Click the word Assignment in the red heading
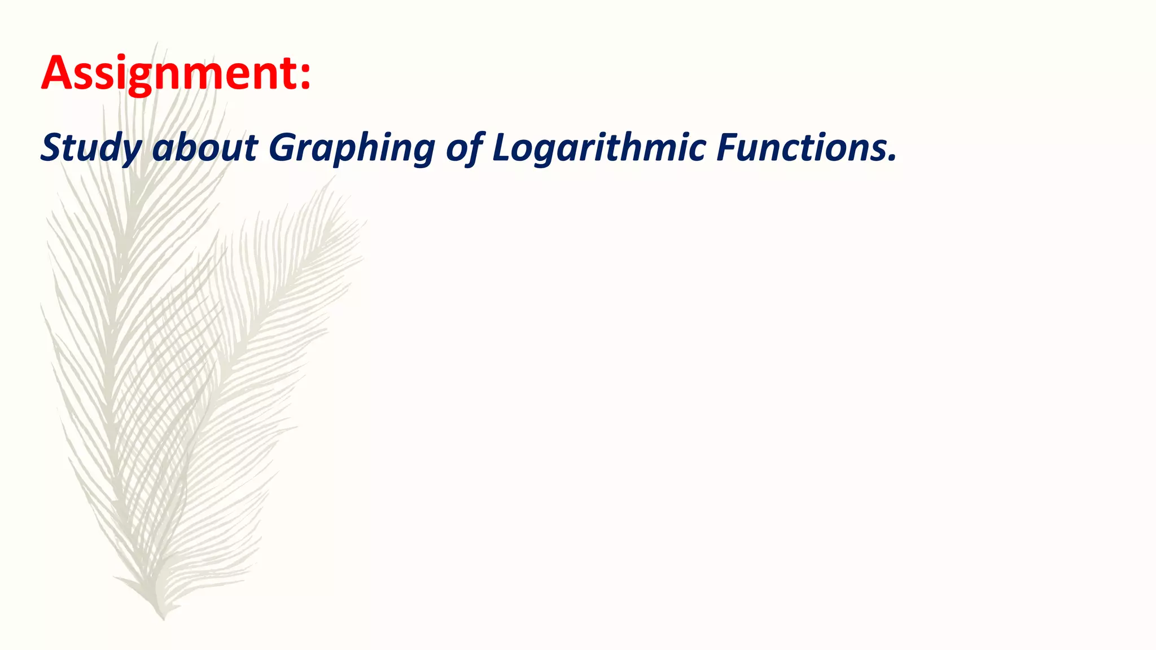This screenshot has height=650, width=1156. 169,73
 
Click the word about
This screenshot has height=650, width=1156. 205,148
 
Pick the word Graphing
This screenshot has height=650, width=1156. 351,148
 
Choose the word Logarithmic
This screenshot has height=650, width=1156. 599,148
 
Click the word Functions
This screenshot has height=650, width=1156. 802,148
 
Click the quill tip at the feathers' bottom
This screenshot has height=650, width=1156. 163,618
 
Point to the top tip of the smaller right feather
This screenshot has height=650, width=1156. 333,178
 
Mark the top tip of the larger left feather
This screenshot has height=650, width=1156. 156,44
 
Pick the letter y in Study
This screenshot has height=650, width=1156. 132,152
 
